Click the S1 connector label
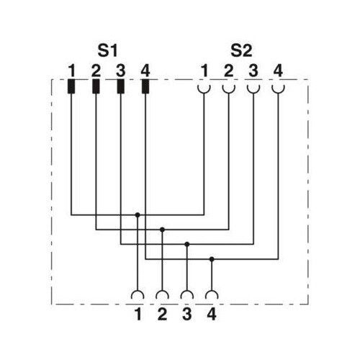coord(107,50)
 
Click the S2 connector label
coord(241,50)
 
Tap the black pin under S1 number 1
coord(71,86)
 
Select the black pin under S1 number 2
coord(96,86)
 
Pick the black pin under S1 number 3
coord(120,86)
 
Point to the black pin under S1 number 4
coord(145,86)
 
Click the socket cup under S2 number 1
coord(204,91)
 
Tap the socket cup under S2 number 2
coord(229,91)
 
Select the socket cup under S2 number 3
coord(253,91)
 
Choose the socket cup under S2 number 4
coord(278,91)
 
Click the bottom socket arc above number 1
coord(138,292)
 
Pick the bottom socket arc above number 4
coord(212,292)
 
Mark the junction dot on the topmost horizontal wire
coord(138,215)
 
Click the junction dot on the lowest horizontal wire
coord(212,259)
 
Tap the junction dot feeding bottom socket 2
coord(162,230)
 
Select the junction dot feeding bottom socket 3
coord(187,244)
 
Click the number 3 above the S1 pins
coord(120,71)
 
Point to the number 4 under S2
coord(278,71)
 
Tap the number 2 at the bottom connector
coord(162,314)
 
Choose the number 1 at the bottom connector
coord(138,314)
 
